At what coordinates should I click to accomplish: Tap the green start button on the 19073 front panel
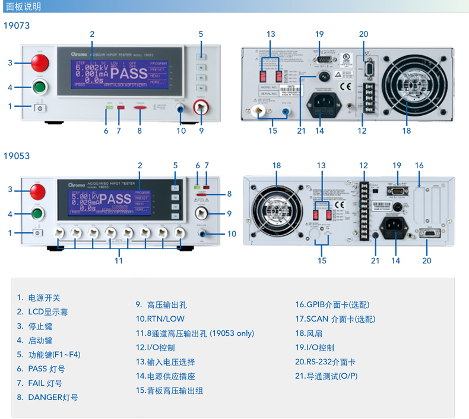click(40, 88)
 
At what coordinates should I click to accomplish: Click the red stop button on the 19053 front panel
click(37, 191)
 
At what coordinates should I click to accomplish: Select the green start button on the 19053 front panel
click(37, 214)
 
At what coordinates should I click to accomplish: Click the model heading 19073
click(17, 26)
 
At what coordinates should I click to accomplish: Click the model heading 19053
click(17, 156)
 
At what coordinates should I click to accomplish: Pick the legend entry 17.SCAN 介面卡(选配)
click(335, 319)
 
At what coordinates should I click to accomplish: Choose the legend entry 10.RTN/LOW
click(160, 319)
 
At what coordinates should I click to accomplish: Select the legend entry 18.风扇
click(310, 333)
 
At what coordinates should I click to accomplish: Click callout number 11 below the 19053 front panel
click(119, 260)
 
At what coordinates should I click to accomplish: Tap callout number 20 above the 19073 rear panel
click(363, 34)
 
